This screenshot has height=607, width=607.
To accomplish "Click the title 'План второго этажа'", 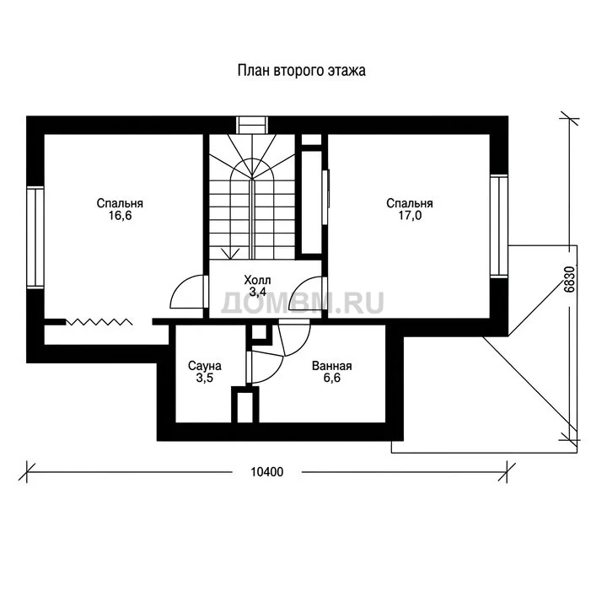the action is click(302, 71).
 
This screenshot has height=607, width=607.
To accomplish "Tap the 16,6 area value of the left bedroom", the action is click(120, 216).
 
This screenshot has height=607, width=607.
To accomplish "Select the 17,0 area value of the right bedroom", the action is click(410, 216).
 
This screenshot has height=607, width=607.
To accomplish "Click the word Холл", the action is click(257, 280).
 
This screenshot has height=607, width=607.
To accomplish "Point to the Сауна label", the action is click(204, 366).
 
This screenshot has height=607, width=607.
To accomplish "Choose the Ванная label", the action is click(332, 366).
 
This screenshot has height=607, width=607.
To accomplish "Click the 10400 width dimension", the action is click(266, 472).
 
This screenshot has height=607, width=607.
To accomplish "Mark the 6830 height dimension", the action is click(569, 279).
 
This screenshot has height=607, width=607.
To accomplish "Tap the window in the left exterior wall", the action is click(35, 237).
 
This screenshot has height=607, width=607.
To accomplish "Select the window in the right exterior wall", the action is click(498, 226).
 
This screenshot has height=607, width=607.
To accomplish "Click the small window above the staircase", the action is click(252, 125).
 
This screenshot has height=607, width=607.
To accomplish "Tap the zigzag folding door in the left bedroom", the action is click(99, 322).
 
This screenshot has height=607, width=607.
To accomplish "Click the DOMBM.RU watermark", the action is click(303, 303).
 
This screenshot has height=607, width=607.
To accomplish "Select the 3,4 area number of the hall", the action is click(257, 293).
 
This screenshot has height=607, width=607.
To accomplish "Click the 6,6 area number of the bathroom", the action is click(332, 378).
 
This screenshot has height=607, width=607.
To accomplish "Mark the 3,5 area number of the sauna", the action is click(204, 378).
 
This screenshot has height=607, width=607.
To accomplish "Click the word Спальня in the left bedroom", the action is click(120, 204).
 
